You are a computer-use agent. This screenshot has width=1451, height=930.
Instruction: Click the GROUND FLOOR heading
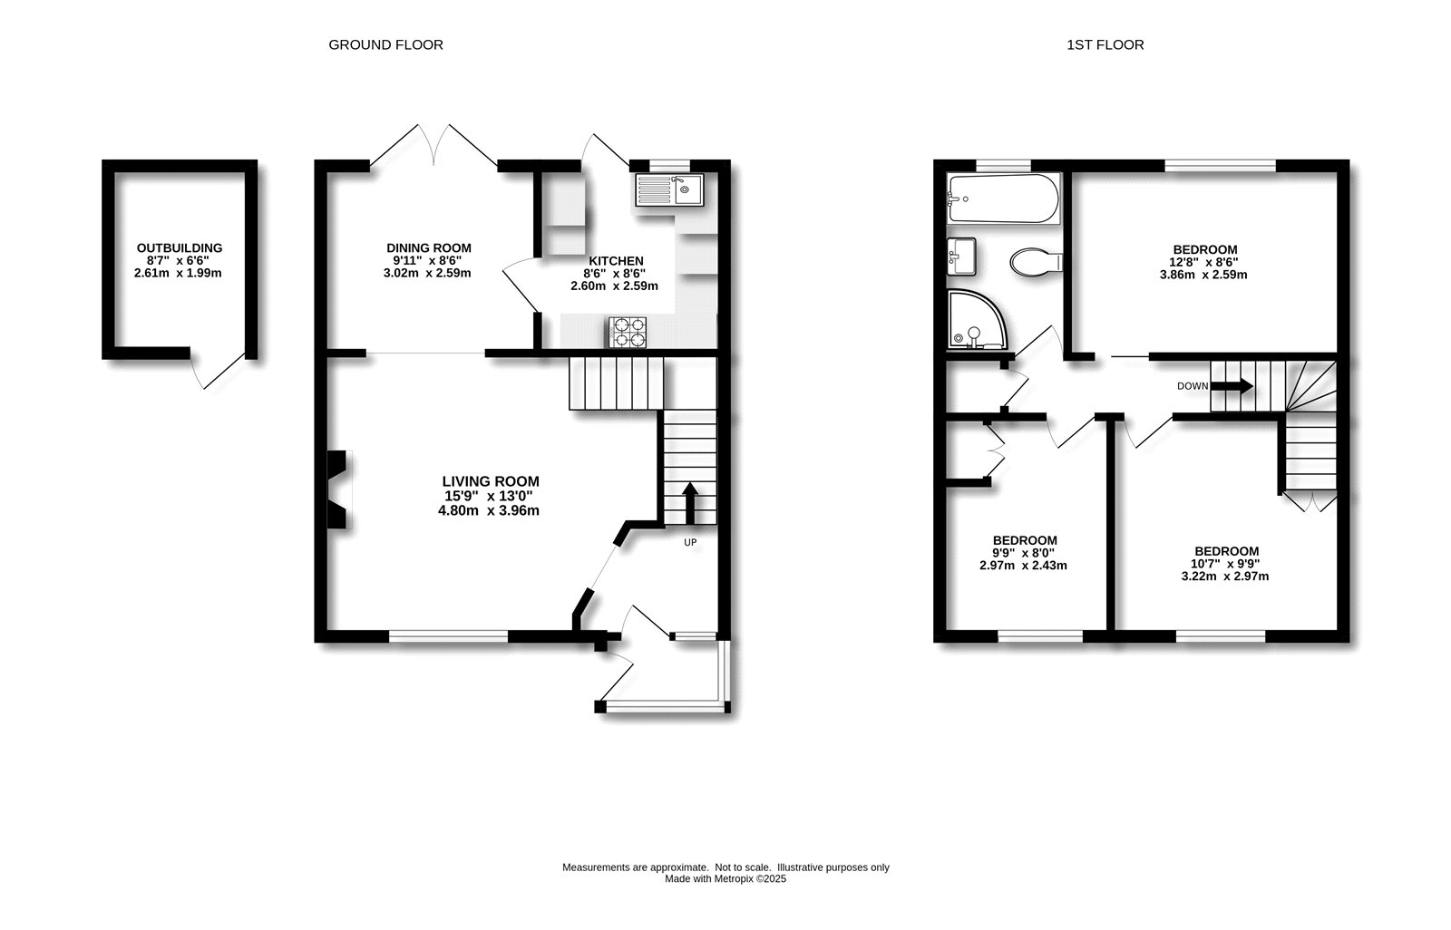pyautogui.click(x=385, y=44)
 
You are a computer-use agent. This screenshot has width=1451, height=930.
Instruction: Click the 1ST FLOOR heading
pyautogui.click(x=1105, y=44)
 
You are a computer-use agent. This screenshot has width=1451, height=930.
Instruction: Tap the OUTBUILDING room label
pyautogui.click(x=180, y=248)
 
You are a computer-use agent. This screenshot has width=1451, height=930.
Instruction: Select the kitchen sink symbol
pyautogui.click(x=665, y=190)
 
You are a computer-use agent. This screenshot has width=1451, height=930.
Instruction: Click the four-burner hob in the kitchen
pyautogui.click(x=629, y=332)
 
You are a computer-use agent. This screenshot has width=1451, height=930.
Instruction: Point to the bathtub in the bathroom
pyautogui.click(x=1001, y=199)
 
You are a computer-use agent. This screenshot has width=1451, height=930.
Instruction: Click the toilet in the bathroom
pyautogui.click(x=1036, y=261)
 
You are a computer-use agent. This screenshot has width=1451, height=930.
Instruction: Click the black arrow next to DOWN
pyautogui.click(x=1232, y=386)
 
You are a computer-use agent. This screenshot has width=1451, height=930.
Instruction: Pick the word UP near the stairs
pyautogui.click(x=689, y=543)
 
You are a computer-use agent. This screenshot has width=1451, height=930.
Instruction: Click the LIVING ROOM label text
pyautogui.click(x=491, y=481)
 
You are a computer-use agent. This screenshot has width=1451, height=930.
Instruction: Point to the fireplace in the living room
pyautogui.click(x=338, y=489)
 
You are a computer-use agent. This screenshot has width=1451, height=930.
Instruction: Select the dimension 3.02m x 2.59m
pyautogui.click(x=429, y=273)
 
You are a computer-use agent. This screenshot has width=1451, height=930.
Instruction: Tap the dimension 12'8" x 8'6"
pyautogui.click(x=1204, y=262)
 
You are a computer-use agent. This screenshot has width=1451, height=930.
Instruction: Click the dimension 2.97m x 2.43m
pyautogui.click(x=1023, y=566)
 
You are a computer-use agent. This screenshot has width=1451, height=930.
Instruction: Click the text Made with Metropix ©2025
pyautogui.click(x=725, y=878)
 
